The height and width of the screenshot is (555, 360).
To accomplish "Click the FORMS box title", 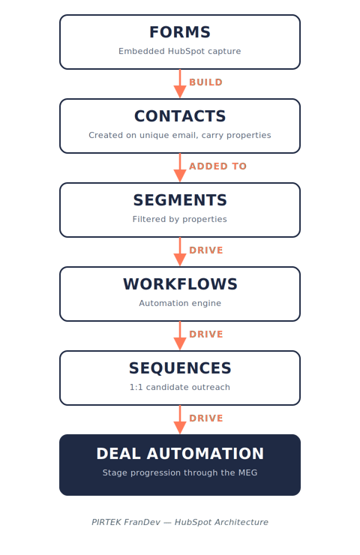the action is point(180,32).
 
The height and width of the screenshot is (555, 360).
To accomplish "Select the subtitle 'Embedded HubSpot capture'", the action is point(180,51).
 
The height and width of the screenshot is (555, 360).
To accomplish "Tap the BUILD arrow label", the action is point(205,82).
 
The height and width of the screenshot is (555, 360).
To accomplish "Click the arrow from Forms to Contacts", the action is point(180,83).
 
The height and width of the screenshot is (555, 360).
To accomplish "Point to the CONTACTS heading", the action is point(180,116).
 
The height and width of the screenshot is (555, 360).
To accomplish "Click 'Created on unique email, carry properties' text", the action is point(180,135).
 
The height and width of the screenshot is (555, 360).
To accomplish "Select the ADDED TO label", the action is point(217,166).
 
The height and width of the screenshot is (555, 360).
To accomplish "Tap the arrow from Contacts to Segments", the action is point(180,167).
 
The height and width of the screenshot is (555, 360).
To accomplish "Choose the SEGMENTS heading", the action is point(180,200).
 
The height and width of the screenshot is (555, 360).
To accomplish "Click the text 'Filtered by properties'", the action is point(180,219).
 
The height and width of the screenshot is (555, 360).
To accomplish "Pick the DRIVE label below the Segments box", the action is point(206,250).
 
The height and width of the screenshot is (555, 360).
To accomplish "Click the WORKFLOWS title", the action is point(180,284).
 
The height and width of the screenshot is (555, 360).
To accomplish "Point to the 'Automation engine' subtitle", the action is point(180,303).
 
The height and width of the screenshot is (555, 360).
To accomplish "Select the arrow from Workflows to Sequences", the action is point(180,335).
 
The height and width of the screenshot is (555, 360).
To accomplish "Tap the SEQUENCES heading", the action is point(180,368).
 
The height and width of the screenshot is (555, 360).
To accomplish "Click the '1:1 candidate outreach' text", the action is point(180,387).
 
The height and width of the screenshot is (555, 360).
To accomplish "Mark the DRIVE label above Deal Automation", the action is point(206,418).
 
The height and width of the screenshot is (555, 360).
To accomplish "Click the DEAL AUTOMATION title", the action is point(180,454).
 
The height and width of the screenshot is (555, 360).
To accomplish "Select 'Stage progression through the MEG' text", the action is point(180,472).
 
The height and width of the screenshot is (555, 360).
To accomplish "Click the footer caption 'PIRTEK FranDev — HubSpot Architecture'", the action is point(180,522).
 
